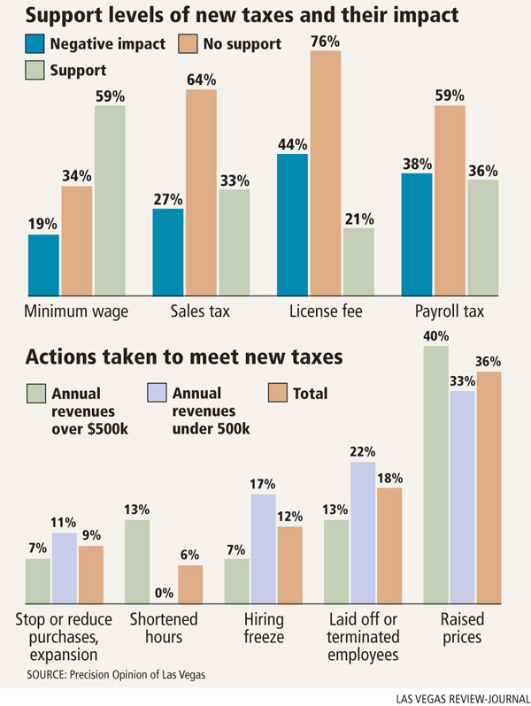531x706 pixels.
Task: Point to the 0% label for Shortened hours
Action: tap(163, 593)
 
